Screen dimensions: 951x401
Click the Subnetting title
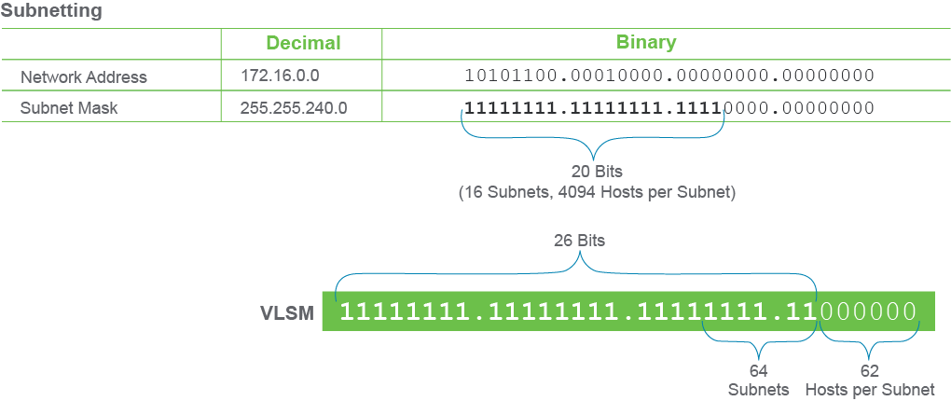coord(51,10)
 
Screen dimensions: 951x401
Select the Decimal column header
coord(303,43)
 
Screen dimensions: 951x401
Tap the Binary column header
coord(646,42)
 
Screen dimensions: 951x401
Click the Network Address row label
coord(84,77)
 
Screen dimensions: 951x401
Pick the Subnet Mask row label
coord(69,108)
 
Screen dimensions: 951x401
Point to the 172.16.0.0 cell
coord(280,76)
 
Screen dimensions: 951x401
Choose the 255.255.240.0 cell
coord(294,107)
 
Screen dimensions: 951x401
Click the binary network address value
coord(669,76)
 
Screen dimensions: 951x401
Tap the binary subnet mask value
coord(669,108)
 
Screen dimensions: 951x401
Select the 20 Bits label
coord(597,172)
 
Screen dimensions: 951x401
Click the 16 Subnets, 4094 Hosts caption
coord(597,194)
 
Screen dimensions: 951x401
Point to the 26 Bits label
coord(579,241)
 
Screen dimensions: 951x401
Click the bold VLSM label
coord(287,313)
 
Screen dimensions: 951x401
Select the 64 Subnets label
coord(759,380)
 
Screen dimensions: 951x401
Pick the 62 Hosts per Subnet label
coord(870,380)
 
